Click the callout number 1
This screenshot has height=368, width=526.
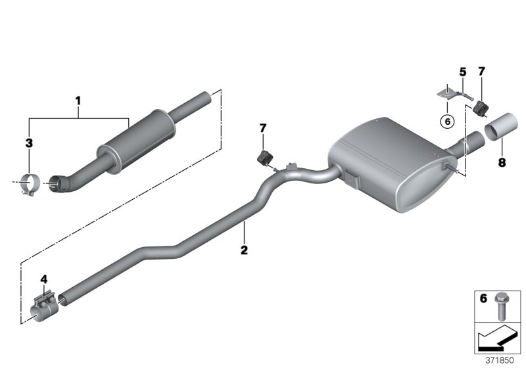click(78, 101)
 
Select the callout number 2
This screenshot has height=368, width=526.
click(244, 250)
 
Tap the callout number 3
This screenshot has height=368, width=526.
click(28, 142)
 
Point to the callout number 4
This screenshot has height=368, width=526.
click(44, 279)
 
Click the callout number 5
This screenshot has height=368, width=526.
click(462, 71)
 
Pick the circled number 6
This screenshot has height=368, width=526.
click(446, 120)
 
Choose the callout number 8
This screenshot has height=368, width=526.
click(502, 162)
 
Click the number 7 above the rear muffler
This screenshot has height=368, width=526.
click(482, 71)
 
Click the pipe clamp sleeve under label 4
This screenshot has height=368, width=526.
click(43, 308)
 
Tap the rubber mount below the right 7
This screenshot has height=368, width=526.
click(482, 107)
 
